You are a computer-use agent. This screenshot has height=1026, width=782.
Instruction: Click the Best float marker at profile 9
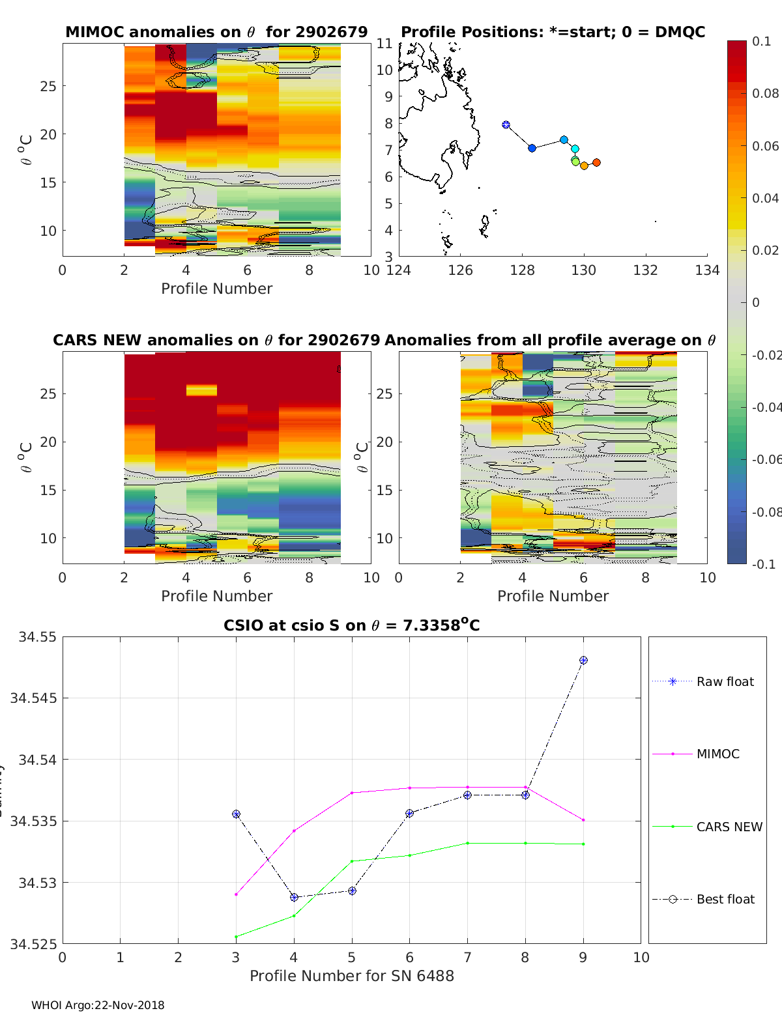tap(583, 661)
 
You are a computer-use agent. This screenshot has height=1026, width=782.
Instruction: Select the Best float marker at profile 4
tap(294, 897)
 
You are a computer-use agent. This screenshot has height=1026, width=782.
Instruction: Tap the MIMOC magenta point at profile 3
tap(236, 894)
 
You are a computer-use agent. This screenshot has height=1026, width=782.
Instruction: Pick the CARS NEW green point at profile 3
tap(236, 937)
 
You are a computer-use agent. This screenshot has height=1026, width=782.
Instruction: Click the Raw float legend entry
tap(725, 682)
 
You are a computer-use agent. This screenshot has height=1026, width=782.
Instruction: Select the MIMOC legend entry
tap(717, 754)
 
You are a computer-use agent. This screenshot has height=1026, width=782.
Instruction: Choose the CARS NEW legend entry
tap(729, 827)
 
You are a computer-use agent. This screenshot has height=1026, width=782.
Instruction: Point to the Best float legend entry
tap(725, 900)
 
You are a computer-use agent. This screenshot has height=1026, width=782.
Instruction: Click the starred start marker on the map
tap(506, 125)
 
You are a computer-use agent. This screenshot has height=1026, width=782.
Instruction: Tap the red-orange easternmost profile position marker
tap(596, 163)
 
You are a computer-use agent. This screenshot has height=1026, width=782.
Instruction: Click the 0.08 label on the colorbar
tap(765, 94)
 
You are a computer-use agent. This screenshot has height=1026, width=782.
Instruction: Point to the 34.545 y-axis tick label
tap(33, 698)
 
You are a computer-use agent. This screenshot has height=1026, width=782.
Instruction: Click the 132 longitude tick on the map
tap(645, 270)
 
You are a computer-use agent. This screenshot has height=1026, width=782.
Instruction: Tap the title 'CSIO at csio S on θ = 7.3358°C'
tap(351, 625)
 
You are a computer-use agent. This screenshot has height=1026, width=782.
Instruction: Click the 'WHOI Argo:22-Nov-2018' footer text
tap(98, 1005)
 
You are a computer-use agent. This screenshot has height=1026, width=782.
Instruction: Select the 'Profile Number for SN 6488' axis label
tap(351, 976)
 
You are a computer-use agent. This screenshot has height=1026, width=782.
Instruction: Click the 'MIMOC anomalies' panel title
tap(216, 32)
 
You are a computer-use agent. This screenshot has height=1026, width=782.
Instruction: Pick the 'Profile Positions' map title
tap(553, 32)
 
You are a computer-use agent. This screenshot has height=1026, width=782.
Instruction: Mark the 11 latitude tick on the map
tap(384, 44)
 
